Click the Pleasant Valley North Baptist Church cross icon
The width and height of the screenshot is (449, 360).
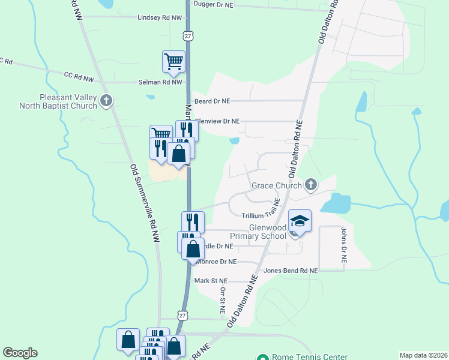point(107,100)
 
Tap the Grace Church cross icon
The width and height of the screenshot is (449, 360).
point(310,184)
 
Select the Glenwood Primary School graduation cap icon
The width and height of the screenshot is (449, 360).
point(300,221)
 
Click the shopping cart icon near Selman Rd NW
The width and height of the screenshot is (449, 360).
point(173,61)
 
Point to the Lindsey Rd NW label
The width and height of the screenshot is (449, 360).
point(159,18)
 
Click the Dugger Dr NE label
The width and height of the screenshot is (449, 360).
point(212,5)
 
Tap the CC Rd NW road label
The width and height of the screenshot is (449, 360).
point(79,76)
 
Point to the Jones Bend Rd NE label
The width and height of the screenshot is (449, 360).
point(290,271)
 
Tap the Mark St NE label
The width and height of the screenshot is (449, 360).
point(210,280)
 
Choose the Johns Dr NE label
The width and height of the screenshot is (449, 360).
point(344,245)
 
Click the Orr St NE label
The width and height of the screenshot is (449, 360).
point(222,301)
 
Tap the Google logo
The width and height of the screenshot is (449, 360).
point(20,353)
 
